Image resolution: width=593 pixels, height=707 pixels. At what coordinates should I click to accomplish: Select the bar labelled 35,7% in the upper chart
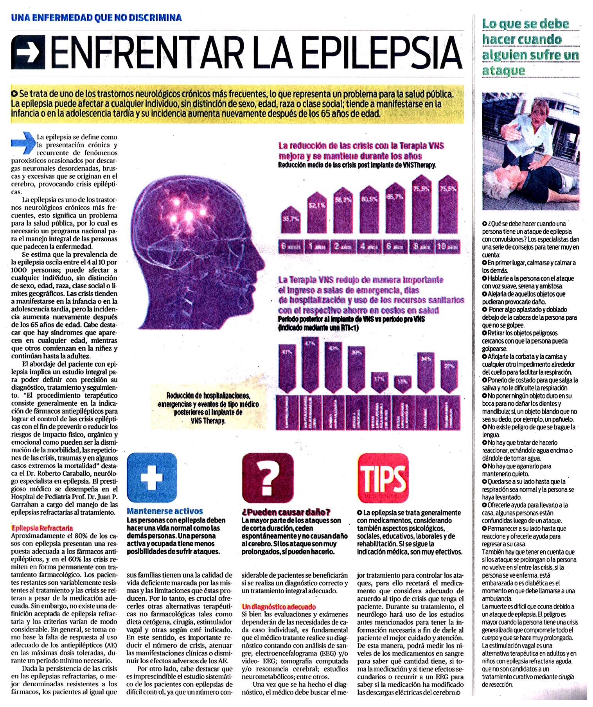coord(291,221)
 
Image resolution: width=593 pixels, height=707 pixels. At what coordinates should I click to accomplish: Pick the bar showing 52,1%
coord(316,213)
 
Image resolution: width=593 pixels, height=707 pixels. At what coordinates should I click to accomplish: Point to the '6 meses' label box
coord(291,247)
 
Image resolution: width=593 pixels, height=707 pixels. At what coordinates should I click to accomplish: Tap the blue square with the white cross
coord(152,477)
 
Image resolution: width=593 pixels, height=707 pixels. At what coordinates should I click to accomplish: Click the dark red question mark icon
coord(268,478)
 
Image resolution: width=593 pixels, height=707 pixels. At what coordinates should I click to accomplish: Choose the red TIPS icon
coord(383,478)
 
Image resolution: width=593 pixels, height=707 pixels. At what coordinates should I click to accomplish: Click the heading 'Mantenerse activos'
coord(165,511)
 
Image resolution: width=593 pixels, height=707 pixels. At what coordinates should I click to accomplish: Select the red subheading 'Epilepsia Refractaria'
coord(42,528)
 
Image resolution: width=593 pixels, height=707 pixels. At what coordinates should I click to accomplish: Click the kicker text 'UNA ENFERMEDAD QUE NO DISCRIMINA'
coord(96,18)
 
